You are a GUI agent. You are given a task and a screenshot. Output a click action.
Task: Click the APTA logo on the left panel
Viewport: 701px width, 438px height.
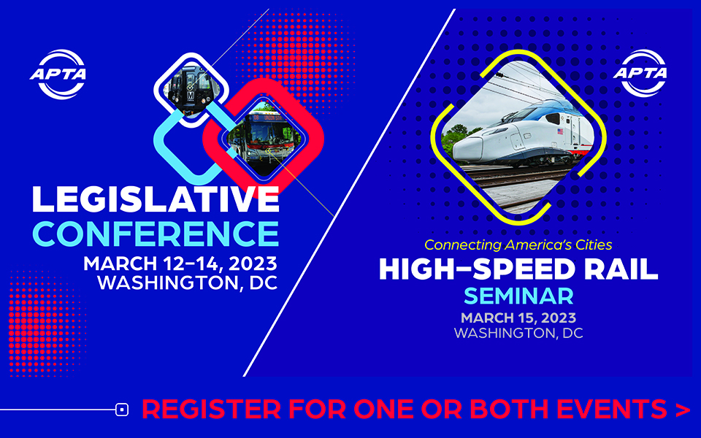pos(58,74)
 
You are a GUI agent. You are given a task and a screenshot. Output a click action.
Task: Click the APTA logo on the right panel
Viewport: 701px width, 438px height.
pos(640,73)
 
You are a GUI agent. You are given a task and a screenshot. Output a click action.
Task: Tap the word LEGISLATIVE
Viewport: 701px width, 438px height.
pos(156,199)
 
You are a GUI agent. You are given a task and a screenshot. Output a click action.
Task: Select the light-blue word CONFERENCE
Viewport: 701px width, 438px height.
pos(156,234)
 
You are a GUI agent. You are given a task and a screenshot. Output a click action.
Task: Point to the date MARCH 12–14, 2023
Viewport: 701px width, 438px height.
pos(180,264)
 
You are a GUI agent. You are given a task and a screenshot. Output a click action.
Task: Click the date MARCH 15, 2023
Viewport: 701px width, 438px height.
pos(518,318)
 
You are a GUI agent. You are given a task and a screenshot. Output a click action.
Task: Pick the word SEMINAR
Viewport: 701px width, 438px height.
pos(518,296)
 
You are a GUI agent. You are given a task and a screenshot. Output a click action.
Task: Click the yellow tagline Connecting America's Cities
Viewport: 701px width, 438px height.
pos(518,245)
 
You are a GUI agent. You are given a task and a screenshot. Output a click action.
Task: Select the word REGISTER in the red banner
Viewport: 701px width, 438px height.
pos(212,409)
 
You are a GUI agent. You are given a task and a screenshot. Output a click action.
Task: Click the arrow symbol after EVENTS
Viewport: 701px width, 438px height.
pos(683,410)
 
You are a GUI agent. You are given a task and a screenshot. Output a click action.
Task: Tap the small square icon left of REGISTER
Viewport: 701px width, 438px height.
pos(122,410)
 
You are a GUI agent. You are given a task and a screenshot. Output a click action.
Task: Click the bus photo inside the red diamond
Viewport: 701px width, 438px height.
pos(263,139)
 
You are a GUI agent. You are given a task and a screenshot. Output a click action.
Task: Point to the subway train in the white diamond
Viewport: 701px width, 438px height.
pos(191,90)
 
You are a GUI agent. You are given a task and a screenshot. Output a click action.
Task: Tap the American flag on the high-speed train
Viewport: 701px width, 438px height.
pos(560,131)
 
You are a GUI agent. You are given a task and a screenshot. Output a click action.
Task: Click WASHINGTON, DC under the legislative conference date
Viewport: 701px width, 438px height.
pos(188,283)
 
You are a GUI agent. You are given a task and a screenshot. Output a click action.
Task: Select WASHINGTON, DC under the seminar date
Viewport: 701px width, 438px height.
pos(518,333)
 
